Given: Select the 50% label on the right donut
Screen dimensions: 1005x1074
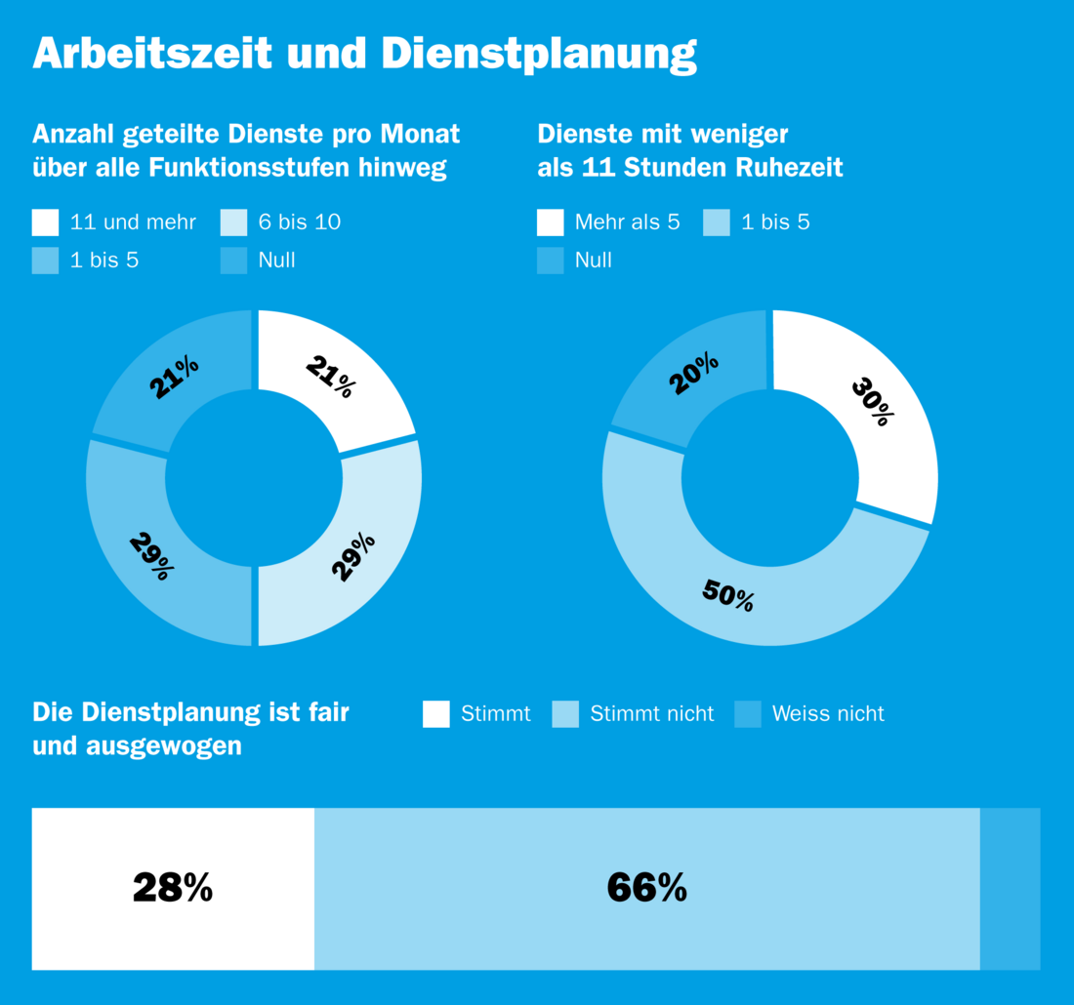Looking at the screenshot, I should (x=728, y=594).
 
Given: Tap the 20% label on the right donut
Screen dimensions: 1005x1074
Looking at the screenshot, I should (x=694, y=374).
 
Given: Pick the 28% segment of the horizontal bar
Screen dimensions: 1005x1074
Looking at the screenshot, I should (x=173, y=888).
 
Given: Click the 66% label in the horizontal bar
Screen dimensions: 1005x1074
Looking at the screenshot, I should (x=646, y=888).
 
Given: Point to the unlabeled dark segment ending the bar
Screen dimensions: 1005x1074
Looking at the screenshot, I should (x=1010, y=888).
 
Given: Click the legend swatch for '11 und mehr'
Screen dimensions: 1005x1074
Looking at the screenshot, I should (x=45, y=222).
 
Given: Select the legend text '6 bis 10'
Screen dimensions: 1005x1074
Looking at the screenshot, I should (x=300, y=222).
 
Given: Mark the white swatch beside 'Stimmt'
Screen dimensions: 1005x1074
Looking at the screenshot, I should (x=436, y=714).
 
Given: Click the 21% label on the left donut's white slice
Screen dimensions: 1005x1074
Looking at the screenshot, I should (x=331, y=377).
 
